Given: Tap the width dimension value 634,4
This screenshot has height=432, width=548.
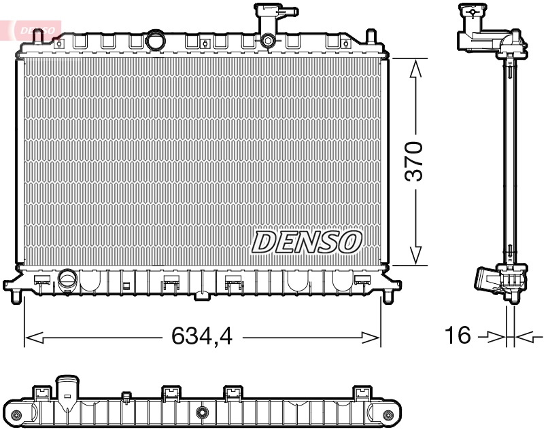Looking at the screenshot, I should coord(202,336).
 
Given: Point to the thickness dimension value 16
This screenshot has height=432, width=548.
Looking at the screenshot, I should coord(458,336).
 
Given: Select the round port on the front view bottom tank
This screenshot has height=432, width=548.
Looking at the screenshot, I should coord(67,278).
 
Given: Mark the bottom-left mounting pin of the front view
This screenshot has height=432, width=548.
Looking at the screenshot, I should coord(16,297).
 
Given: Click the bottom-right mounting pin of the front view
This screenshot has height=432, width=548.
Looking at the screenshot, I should coord(388,297).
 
